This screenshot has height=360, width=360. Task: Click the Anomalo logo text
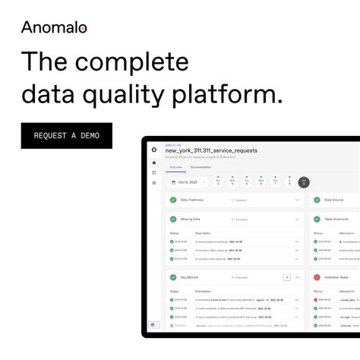click(54, 27)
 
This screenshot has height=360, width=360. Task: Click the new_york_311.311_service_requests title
click(211, 150)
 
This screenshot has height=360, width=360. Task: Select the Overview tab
click(175, 166)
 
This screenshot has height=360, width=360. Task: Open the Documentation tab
click(201, 166)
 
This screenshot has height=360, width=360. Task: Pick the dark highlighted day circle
click(304, 182)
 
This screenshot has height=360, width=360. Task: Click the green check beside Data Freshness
click(173, 200)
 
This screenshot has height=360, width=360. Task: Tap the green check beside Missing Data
click(173, 219)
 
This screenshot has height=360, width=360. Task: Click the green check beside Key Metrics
click(173, 277)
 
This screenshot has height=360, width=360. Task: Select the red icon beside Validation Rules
click(317, 277)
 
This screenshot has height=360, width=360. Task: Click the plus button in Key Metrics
click(286, 277)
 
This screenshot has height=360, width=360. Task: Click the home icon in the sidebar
click(154, 163)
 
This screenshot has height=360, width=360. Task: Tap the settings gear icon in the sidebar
click(154, 183)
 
